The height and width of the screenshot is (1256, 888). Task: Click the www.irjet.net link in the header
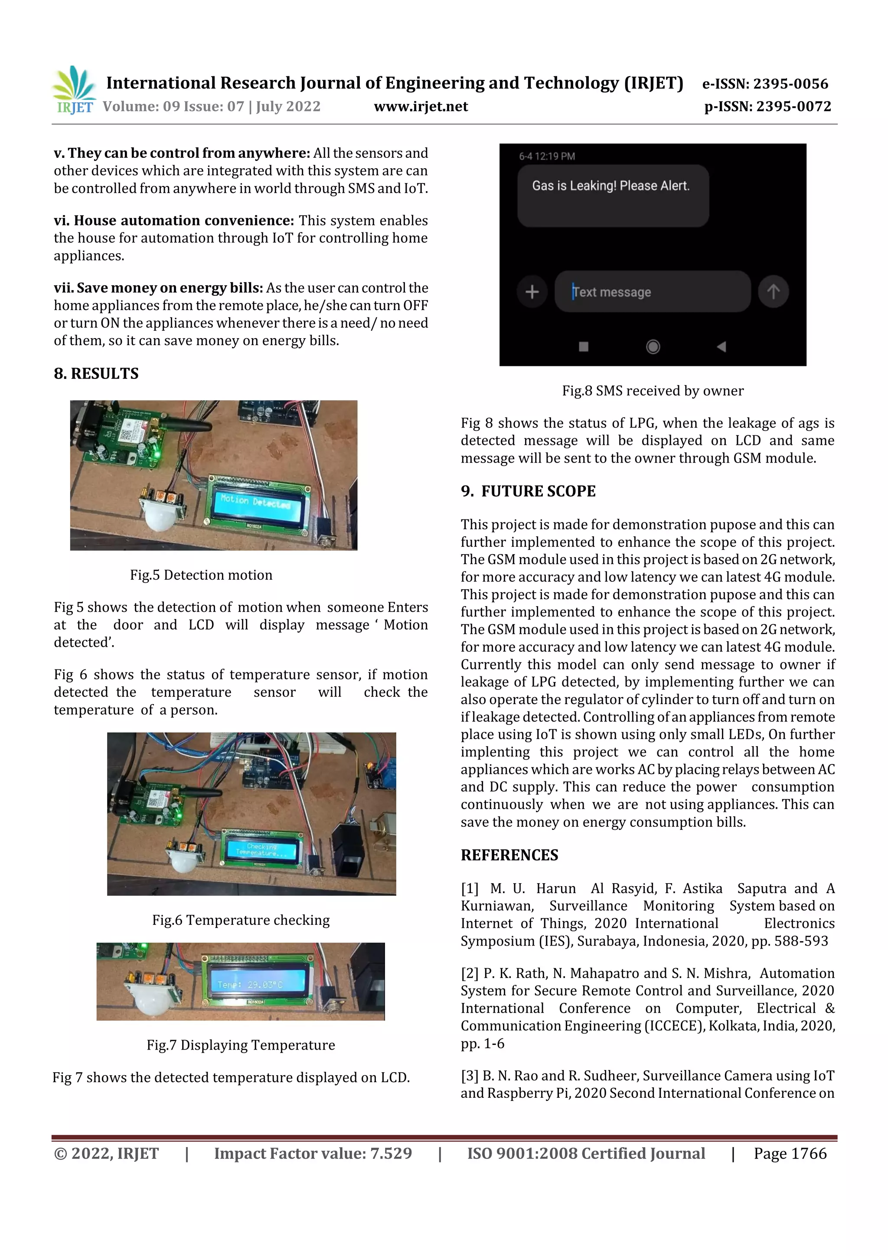tap(421, 106)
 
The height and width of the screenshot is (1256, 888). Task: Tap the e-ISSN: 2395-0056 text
tap(765, 84)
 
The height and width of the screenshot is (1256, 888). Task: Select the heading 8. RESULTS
tap(96, 374)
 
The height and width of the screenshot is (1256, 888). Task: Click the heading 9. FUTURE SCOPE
tap(528, 491)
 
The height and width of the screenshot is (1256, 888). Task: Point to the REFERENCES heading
tap(509, 855)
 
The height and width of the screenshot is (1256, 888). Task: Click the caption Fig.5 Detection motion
tap(201, 575)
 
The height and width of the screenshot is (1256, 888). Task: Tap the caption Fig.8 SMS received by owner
tap(653, 391)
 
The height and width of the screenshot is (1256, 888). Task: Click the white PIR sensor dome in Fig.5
tap(160, 516)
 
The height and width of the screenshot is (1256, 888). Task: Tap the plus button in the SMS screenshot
tap(532, 292)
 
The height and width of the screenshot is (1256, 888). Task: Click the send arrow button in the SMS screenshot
tap(773, 292)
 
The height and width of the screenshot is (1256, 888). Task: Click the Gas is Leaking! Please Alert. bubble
tap(613, 195)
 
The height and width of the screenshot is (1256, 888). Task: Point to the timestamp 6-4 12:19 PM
tap(547, 157)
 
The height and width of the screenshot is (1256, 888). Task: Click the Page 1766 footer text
tap(790, 1154)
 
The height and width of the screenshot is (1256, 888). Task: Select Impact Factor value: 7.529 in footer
tap(313, 1154)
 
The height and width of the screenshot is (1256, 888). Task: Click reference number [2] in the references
tap(470, 973)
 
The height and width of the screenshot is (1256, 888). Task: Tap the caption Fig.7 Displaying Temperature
tap(241, 1045)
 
